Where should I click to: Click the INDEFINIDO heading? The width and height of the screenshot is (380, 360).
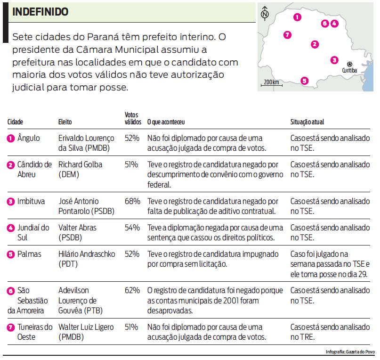[x=40, y=12]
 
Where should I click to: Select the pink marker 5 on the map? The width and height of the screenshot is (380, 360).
[x=304, y=81]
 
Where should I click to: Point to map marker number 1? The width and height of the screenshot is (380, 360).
[x=297, y=17]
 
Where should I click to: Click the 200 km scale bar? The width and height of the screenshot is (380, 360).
[x=271, y=83]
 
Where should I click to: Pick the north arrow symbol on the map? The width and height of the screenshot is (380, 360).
[x=265, y=13]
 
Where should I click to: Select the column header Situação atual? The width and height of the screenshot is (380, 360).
[x=307, y=122]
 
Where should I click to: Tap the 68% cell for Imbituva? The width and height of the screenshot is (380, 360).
[x=132, y=201]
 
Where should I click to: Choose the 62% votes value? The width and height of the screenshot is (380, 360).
[x=132, y=290]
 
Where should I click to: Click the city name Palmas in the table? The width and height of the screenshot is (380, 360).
[x=29, y=254]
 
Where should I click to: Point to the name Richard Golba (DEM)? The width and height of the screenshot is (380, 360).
[x=80, y=170]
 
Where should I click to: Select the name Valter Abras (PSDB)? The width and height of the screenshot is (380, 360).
[x=77, y=232]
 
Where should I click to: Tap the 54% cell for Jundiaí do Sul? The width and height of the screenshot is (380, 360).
[x=132, y=228]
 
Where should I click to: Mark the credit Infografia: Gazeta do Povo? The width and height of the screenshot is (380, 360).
[x=350, y=352]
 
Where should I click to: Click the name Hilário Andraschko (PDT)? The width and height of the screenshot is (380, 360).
[x=86, y=259]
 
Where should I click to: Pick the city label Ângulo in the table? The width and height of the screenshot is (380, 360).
[x=29, y=139]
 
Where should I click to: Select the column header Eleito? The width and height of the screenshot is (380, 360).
[x=65, y=122]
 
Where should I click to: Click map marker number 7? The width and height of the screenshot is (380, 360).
[x=288, y=34]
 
